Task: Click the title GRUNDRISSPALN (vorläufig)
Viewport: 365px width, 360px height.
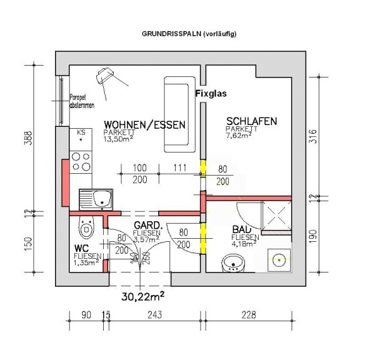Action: click(x=189, y=34)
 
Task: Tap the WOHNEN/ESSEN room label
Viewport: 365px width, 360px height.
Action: click(x=144, y=125)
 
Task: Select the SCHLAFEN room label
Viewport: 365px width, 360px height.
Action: click(x=252, y=121)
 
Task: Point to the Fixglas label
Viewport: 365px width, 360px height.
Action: click(x=211, y=94)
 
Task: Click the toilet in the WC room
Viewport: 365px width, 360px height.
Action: click(x=86, y=227)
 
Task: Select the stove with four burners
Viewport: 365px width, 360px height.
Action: click(x=81, y=162)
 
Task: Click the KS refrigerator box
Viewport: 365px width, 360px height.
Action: click(x=81, y=139)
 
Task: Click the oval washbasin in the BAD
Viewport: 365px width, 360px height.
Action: click(x=233, y=263)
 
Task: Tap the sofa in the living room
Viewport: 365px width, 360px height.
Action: click(x=179, y=114)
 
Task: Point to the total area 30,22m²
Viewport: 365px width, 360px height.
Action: click(x=143, y=296)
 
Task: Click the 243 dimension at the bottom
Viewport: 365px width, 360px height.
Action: click(x=155, y=315)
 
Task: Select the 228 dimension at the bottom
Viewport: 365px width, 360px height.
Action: click(x=249, y=315)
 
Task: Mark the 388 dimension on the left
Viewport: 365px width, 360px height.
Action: click(x=28, y=138)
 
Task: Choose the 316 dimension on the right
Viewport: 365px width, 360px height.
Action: click(x=313, y=136)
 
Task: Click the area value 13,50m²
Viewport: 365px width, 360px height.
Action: click(x=118, y=139)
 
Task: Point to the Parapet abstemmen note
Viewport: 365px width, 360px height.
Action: click(x=82, y=101)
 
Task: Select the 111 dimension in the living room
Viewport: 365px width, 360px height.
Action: click(x=180, y=168)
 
